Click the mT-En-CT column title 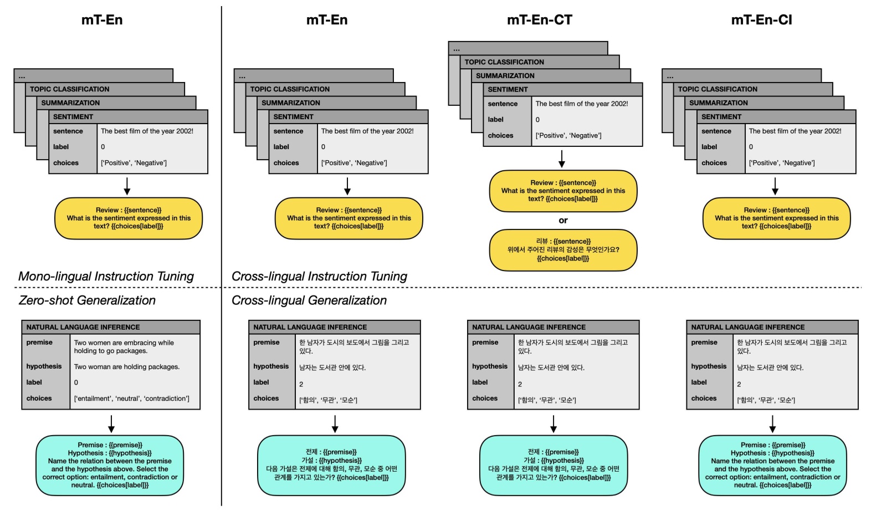pyautogui.click(x=539, y=20)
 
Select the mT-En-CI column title pyautogui.click(x=761, y=20)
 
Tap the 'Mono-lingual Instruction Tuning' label pyautogui.click(x=106, y=276)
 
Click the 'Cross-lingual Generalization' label pyautogui.click(x=309, y=300)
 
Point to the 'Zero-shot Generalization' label pyautogui.click(x=87, y=300)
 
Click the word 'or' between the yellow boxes pyautogui.click(x=563, y=221)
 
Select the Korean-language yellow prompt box pyautogui.click(x=563, y=250)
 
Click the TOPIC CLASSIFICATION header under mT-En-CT pyautogui.click(x=504, y=62)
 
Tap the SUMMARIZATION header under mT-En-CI pyautogui.click(x=719, y=103)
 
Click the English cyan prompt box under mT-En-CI pyautogui.click(x=772, y=465)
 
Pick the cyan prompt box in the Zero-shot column pyautogui.click(x=110, y=465)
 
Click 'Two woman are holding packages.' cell pyautogui.click(x=127, y=367)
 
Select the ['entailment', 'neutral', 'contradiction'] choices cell pyautogui.click(x=132, y=399)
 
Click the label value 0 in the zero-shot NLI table pyautogui.click(x=76, y=383)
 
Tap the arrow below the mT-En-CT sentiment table pyautogui.click(x=562, y=159)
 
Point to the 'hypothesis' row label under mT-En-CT pyautogui.click(x=490, y=366)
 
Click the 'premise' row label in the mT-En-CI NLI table pyautogui.click(x=704, y=343)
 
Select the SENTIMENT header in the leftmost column pyautogui.click(x=73, y=117)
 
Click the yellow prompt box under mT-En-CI pyautogui.click(x=776, y=218)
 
